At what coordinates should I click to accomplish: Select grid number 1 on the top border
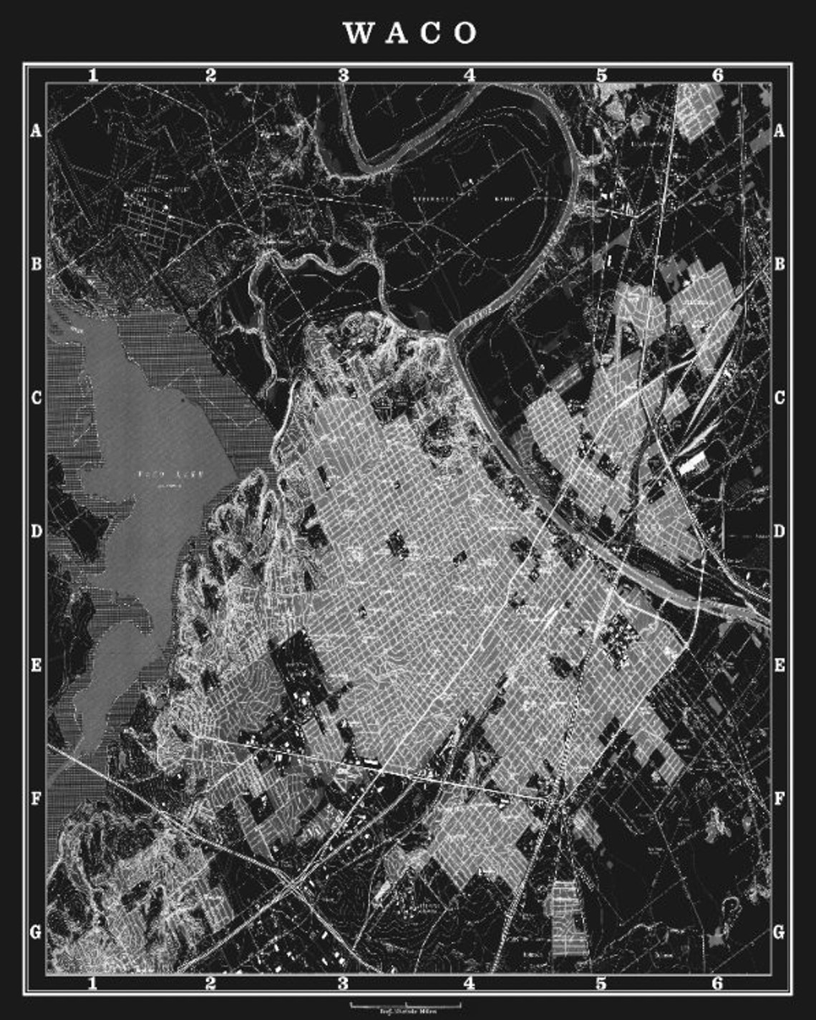[92, 74]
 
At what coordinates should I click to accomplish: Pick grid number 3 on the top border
[344, 74]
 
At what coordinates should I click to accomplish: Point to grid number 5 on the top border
[601, 74]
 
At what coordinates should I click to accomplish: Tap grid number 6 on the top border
[718, 74]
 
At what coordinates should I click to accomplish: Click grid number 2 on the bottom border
[210, 983]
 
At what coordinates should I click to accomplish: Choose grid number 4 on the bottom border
[470, 983]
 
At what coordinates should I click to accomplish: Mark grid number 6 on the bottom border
[718, 983]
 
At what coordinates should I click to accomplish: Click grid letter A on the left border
[35, 131]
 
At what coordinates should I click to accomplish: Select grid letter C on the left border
[35, 398]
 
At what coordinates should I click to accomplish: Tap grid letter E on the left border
[35, 665]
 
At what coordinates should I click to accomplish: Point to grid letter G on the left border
[35, 932]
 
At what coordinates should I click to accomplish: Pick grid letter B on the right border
[779, 264]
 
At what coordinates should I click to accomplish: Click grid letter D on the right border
[779, 531]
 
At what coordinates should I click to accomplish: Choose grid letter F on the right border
[779, 798]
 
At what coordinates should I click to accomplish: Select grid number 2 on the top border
[210, 74]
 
